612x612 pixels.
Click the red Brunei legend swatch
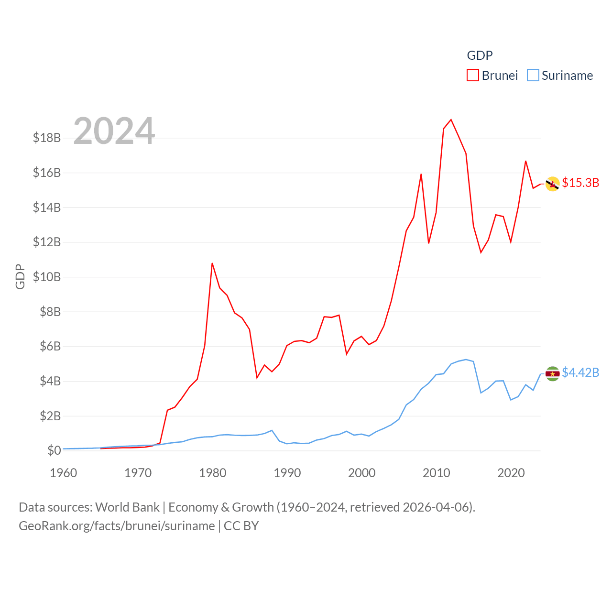472,76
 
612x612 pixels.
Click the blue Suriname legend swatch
533,76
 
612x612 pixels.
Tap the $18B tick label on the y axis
47,138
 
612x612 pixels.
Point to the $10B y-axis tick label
47,277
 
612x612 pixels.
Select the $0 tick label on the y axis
54,450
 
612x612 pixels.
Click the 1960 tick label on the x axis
64,473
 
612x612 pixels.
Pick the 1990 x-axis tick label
287,473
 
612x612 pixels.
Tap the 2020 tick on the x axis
511,473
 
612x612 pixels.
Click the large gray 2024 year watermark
114,131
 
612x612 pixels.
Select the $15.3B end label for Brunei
580,183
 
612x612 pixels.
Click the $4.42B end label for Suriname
580,372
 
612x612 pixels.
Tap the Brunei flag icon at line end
553,184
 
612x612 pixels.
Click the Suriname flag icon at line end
553,374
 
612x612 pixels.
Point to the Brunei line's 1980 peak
212,263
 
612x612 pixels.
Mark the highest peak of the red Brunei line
451,120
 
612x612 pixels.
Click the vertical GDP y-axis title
20,277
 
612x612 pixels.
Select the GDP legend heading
480,55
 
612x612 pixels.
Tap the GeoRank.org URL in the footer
117,526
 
